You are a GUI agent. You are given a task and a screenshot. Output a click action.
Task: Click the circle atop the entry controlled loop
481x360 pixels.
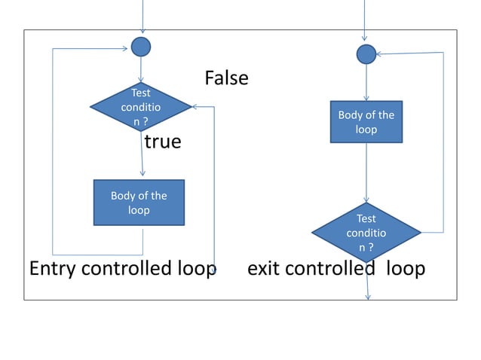click(140, 47)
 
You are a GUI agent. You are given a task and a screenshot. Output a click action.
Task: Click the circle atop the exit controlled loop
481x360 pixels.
click(366, 53)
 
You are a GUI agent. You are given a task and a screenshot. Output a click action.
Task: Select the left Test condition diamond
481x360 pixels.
click(140, 107)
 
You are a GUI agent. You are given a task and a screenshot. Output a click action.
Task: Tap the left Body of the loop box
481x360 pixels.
click(139, 203)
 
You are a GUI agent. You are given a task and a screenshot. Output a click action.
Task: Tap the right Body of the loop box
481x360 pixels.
click(366, 122)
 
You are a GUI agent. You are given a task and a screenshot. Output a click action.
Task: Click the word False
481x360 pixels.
click(226, 78)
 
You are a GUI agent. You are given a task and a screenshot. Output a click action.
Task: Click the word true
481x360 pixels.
click(163, 142)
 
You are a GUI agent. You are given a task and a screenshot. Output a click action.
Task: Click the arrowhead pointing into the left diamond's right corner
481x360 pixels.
click(195, 108)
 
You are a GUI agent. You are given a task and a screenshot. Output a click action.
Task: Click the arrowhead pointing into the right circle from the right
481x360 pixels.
click(380, 54)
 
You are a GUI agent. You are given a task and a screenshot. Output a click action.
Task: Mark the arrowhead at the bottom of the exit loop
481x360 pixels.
click(368, 296)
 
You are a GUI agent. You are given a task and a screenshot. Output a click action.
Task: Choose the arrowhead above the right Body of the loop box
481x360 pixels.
click(366, 96)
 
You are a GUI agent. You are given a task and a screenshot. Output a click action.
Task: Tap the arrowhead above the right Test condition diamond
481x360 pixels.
click(367, 199)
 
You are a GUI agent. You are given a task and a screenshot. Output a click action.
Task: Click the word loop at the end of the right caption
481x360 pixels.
click(406, 269)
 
